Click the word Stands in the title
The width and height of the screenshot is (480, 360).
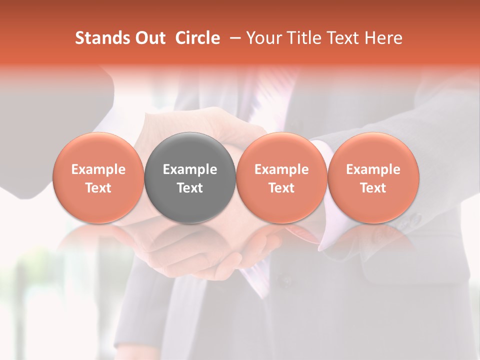coord(101,38)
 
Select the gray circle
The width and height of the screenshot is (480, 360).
coord(190,178)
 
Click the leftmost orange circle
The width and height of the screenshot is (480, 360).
coord(98,178)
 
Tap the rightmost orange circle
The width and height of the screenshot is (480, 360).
coord(373,178)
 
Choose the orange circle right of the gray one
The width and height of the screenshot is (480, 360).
coord(281,178)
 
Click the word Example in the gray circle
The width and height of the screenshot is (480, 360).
coord(190,169)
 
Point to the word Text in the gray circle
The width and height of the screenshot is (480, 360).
coord(190,188)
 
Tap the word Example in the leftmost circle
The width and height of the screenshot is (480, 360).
coord(98,169)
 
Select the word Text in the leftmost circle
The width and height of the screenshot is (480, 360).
coord(98,188)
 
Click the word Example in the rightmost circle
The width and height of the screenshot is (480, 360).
coord(373,169)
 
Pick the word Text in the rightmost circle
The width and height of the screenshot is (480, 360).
coord(373,188)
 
